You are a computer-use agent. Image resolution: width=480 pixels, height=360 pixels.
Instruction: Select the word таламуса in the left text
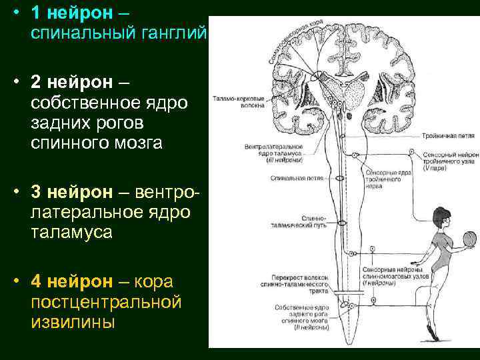[x=72, y=233]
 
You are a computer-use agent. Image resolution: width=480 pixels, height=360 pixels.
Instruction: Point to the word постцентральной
[x=106, y=302]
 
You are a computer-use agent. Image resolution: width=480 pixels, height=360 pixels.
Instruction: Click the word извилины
[x=72, y=323]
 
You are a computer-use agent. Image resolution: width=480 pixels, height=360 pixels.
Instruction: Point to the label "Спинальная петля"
[x=289, y=178]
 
